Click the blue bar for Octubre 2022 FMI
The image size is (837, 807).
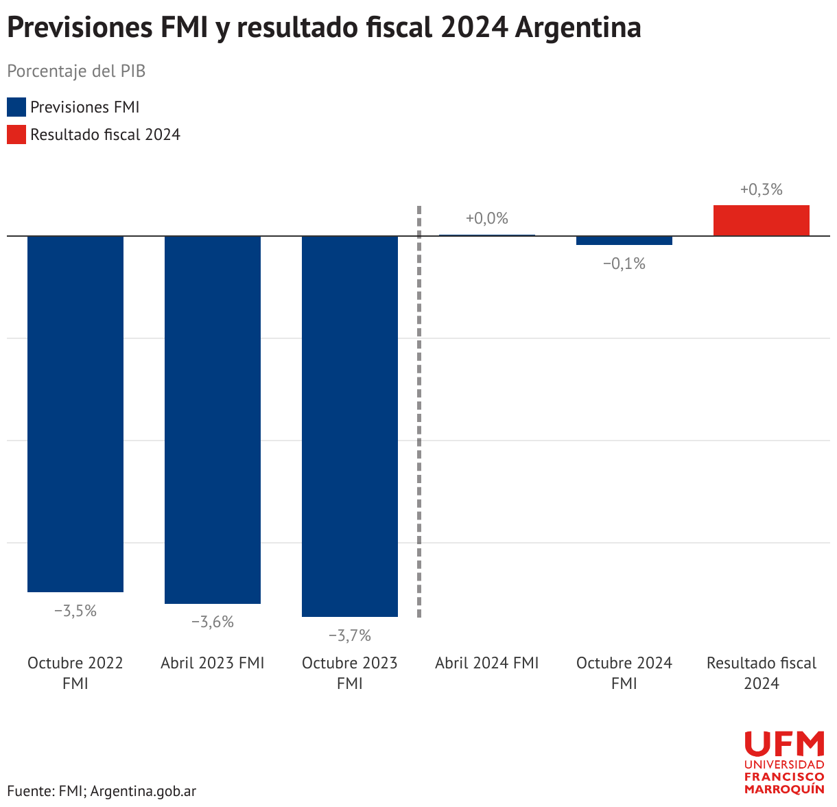pyautogui.click(x=75, y=414)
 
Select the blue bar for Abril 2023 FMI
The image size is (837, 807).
pyautogui.click(x=213, y=420)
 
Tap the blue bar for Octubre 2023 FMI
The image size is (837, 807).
pyautogui.click(x=350, y=426)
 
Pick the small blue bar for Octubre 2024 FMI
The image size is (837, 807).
pyautogui.click(x=624, y=240)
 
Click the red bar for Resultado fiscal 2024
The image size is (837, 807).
pyautogui.click(x=762, y=221)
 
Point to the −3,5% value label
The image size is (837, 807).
pyautogui.click(x=75, y=611)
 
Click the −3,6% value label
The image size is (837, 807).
pyautogui.click(x=213, y=622)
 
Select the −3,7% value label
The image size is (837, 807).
pyautogui.click(x=350, y=635)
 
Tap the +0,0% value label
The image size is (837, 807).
pyautogui.click(x=487, y=218)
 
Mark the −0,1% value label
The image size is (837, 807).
pyautogui.click(x=624, y=264)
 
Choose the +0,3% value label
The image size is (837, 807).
pyautogui.click(x=762, y=189)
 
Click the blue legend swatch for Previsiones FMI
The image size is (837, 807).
pyautogui.click(x=16, y=107)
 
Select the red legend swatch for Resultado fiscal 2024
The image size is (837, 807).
pyautogui.click(x=16, y=134)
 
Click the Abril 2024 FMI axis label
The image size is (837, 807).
pyautogui.click(x=487, y=664)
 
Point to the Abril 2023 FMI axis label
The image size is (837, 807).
pyautogui.click(x=213, y=664)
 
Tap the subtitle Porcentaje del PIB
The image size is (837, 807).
pyautogui.click(x=77, y=71)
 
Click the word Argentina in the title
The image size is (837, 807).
pyautogui.click(x=578, y=27)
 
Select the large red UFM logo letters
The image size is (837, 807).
pyautogui.click(x=785, y=743)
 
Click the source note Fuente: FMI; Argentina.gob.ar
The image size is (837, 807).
pyautogui.click(x=102, y=791)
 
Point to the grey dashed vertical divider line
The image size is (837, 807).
pyautogui.click(x=419, y=412)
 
